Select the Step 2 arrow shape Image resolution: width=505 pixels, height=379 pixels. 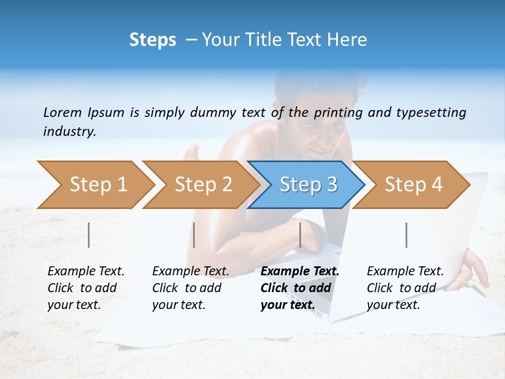[x=200, y=185]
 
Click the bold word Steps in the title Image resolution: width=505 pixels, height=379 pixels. [x=153, y=40]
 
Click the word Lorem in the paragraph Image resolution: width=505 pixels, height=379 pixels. [x=63, y=112]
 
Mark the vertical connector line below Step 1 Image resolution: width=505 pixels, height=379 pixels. [x=89, y=235]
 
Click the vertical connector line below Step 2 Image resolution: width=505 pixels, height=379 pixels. [x=194, y=235]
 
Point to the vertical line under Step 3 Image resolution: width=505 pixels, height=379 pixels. [x=300, y=235]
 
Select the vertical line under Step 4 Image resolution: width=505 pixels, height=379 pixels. [x=406, y=235]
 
